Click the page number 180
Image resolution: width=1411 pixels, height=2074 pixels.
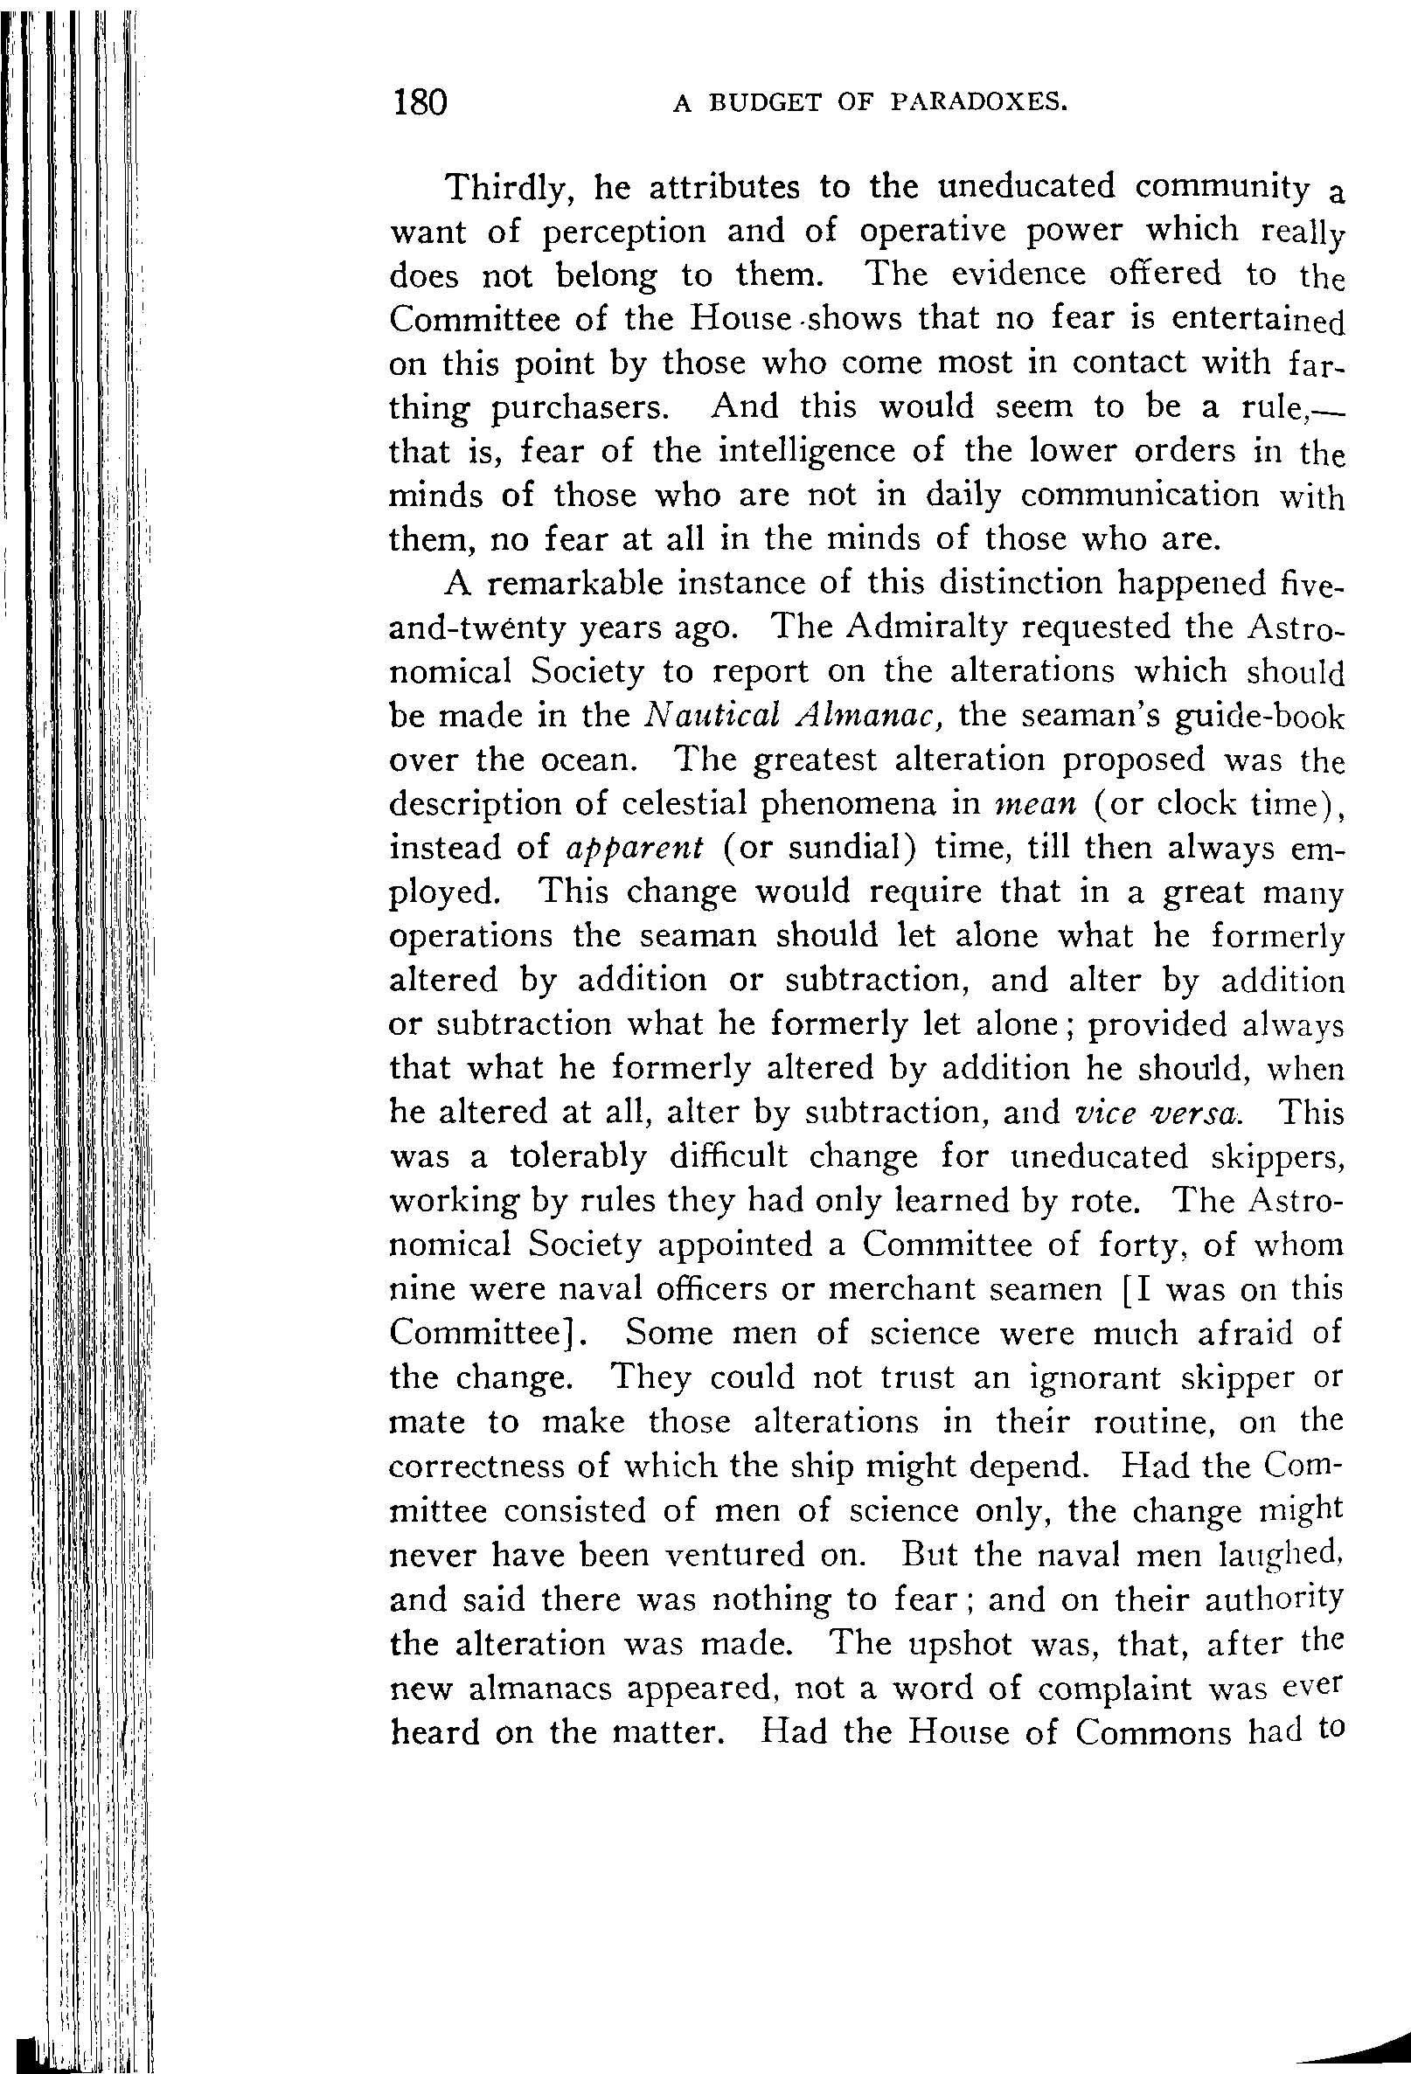[x=419, y=103]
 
